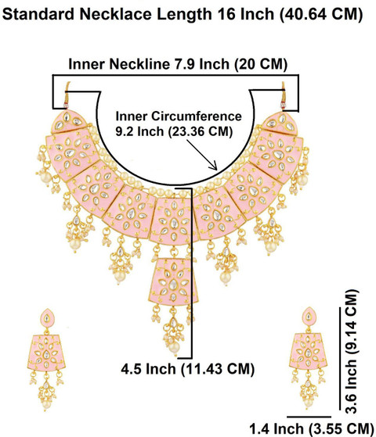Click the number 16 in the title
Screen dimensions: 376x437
(x=226, y=14)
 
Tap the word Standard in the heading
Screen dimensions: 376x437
(x=38, y=14)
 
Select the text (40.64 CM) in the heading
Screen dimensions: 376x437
(x=321, y=15)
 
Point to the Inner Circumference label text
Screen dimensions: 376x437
(x=179, y=116)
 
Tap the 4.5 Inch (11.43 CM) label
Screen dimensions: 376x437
(x=188, y=369)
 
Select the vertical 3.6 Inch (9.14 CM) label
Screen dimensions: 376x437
(x=351, y=352)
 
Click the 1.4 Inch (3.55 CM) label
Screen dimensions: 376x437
(x=311, y=429)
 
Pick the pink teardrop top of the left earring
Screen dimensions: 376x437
(x=47, y=318)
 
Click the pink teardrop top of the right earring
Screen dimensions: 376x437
(x=309, y=317)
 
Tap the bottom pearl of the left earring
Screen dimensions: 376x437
(x=46, y=404)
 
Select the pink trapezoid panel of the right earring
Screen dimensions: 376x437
(x=308, y=351)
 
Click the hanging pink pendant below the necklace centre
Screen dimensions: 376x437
(x=173, y=281)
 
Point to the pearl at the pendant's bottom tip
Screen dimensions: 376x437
(x=174, y=347)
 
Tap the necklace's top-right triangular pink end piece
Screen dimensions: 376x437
(x=280, y=122)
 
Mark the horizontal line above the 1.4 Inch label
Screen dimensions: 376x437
(x=309, y=417)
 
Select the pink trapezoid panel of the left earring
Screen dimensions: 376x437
(x=46, y=353)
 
